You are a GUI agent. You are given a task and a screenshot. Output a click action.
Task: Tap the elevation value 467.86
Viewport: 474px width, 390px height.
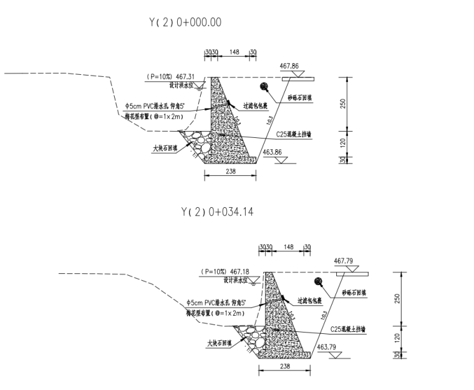(290, 65)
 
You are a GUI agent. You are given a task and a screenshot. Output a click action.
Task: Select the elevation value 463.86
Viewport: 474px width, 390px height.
(272, 152)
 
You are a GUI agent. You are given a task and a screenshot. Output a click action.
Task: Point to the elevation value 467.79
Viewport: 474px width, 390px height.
(344, 260)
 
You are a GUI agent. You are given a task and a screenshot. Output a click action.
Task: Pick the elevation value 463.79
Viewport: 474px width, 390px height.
(326, 347)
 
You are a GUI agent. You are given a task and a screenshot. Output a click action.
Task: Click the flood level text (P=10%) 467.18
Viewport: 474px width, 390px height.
(223, 272)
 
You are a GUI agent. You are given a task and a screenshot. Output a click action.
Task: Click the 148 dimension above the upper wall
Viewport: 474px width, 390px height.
(235, 51)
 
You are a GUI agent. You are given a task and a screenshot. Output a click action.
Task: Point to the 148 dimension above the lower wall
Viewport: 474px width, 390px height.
(288, 246)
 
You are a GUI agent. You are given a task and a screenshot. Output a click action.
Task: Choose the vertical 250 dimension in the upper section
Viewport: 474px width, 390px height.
(342, 104)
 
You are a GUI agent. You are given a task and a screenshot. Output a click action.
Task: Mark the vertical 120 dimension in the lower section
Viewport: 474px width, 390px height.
(397, 337)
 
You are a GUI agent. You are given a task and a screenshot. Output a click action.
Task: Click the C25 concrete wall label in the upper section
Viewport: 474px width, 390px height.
(294, 134)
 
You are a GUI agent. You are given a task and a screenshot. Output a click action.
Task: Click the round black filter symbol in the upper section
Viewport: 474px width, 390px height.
(264, 87)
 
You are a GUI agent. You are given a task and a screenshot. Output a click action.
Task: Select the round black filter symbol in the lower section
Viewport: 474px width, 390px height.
(319, 282)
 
